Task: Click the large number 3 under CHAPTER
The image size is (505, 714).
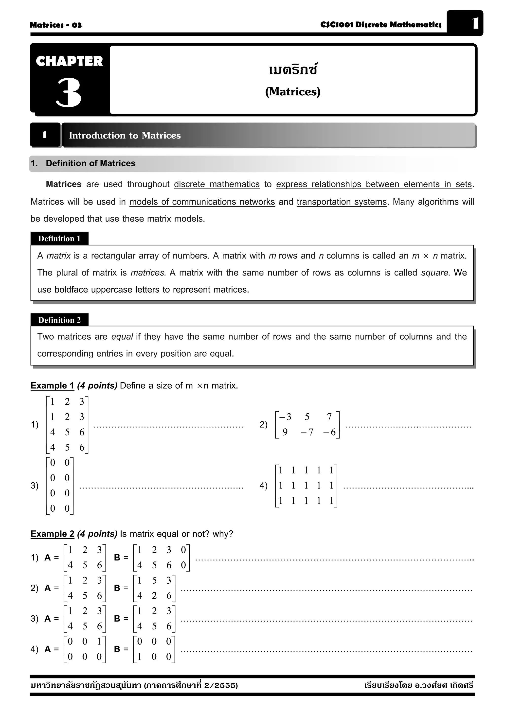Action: click(69, 92)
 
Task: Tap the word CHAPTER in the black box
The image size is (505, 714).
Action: click(69, 61)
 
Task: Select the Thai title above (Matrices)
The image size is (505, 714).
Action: click(292, 70)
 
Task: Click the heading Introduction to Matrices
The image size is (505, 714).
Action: click(125, 135)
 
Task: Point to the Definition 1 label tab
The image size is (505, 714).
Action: click(59, 239)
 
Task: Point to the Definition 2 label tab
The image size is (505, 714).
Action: click(59, 320)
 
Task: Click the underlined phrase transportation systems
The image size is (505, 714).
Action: click(341, 202)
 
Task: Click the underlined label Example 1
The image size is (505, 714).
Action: click(52, 386)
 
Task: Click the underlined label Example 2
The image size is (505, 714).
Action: click(52, 534)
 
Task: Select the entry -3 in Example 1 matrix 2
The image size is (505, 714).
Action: click(285, 417)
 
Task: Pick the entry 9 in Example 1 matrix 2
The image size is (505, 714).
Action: click(285, 432)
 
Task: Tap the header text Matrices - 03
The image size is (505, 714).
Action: click(56, 25)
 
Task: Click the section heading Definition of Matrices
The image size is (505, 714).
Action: click(90, 163)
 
